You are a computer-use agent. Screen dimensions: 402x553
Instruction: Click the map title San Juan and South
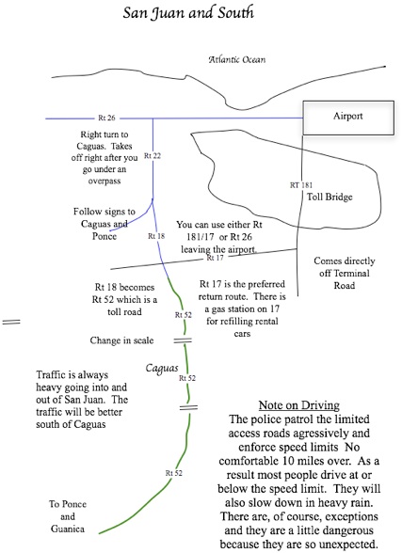point(188,13)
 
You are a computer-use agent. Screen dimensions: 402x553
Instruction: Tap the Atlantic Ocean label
point(237,59)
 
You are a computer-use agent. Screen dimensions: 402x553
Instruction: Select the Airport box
point(348,118)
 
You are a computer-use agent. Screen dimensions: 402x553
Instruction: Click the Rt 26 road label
point(106,118)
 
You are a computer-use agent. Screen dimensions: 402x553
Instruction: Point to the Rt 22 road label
point(153,155)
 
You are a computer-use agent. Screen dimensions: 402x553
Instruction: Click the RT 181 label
point(301,184)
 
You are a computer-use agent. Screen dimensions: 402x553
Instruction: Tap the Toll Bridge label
point(330,197)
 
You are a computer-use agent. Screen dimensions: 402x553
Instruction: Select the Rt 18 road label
point(156,236)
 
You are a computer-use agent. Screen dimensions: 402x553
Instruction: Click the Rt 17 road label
point(216,258)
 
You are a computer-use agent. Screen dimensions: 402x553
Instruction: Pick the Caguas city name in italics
point(162,369)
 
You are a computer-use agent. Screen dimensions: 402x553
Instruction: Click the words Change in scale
point(121,340)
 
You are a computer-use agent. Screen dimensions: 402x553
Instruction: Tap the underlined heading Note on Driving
point(299,405)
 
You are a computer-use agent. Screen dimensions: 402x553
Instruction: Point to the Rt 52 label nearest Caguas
point(187,378)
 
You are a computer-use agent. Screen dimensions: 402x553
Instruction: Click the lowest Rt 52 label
point(174,473)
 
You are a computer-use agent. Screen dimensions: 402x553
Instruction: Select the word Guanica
point(68,529)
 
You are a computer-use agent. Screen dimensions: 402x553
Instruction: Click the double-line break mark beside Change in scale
point(183,340)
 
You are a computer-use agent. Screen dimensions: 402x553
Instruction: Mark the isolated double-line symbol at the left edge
point(11,322)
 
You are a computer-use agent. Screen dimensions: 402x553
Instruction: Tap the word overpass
point(105,181)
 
